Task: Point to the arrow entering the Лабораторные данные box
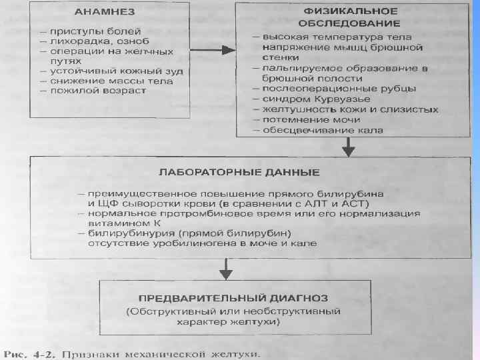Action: point(347,148)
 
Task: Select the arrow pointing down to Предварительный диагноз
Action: point(227,269)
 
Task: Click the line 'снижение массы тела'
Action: point(109,81)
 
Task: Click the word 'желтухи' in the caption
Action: point(234,352)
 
